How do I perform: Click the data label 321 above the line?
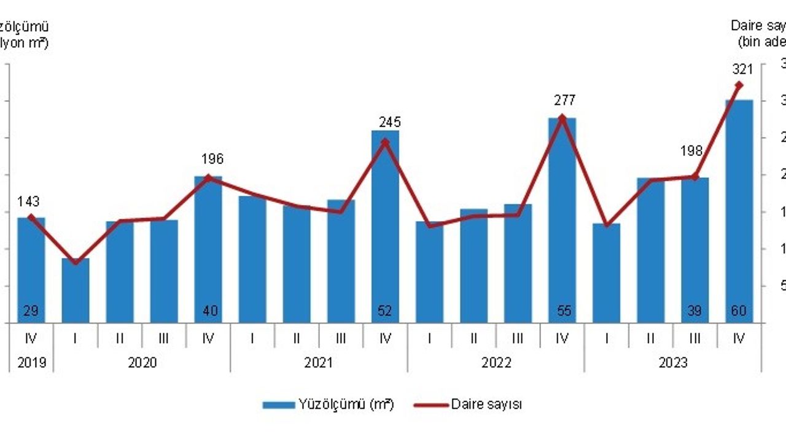[742, 69]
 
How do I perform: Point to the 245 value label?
[389, 122]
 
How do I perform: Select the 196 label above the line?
[212, 160]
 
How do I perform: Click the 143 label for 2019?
[29, 202]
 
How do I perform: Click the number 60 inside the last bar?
[738, 311]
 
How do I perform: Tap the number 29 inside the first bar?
[31, 311]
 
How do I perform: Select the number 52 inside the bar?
[385, 311]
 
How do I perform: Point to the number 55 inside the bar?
[562, 311]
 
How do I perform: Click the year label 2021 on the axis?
[319, 363]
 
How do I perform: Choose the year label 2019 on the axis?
[31, 363]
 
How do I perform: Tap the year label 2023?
[672, 363]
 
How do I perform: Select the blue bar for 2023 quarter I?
[606, 273]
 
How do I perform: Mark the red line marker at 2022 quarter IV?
[561, 117]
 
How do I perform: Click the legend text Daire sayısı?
[486, 405]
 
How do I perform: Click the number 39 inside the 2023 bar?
[694, 311]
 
